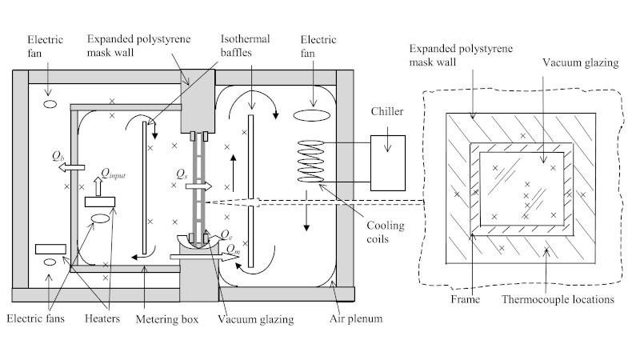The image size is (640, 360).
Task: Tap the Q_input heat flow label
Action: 113,171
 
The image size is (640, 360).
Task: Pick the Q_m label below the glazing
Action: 233,248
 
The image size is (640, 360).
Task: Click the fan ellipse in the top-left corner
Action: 49,104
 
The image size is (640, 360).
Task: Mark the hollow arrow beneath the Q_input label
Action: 98,186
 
